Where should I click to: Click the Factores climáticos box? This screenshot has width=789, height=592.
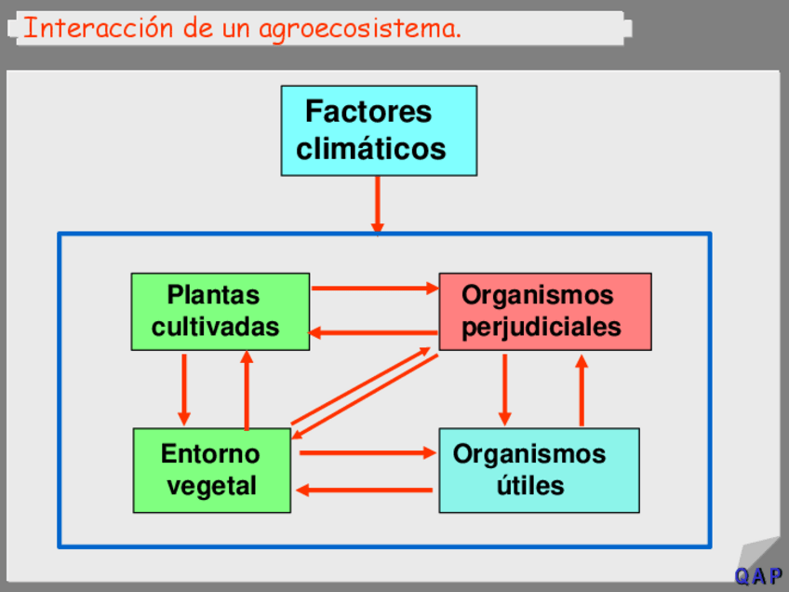[x=379, y=130]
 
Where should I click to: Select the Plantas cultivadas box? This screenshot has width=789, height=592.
[x=220, y=311]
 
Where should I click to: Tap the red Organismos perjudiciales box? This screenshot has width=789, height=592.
[x=544, y=311]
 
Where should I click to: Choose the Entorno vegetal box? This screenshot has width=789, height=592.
[x=211, y=470]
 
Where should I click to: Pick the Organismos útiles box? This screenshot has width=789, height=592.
[x=539, y=470]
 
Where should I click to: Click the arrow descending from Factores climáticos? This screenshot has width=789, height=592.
[x=378, y=204]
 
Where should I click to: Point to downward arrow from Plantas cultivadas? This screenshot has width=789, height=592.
[x=183, y=388]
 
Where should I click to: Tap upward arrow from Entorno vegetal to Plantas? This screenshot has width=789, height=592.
[x=247, y=389]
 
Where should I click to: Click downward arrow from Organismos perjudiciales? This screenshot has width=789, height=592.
[x=504, y=388]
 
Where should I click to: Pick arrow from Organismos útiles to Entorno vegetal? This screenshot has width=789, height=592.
[x=365, y=490]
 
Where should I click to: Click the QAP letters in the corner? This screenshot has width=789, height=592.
[x=758, y=576]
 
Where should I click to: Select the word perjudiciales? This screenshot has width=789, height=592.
[x=542, y=327]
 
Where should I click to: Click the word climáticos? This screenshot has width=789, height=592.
[x=371, y=149]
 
